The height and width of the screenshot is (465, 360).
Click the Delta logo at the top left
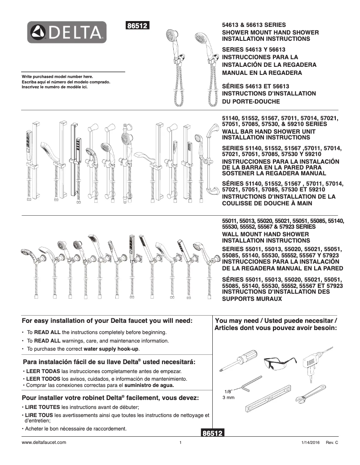(67, 32)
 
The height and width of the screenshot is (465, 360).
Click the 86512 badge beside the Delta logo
(138, 26)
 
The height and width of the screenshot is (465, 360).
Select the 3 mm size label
(228, 398)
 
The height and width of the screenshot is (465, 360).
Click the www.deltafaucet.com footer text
(44, 443)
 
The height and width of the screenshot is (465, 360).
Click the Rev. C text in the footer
(332, 443)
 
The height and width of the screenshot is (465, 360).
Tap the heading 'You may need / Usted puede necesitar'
(276, 321)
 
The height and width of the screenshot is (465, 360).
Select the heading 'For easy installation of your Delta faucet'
(107, 321)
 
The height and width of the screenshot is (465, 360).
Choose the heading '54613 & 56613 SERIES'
(254, 25)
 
